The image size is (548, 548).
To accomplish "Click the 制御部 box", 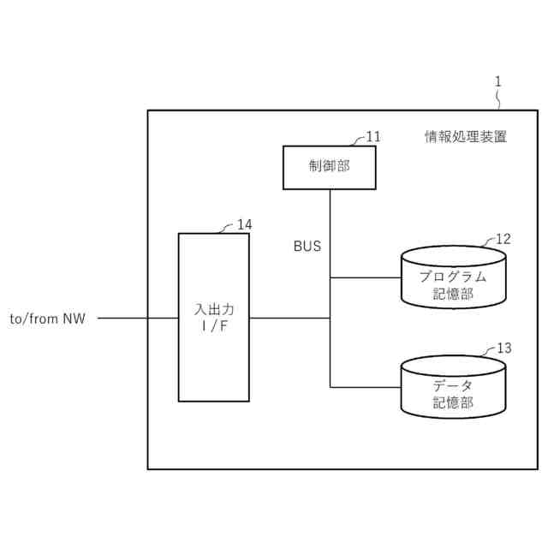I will click(x=317, y=167).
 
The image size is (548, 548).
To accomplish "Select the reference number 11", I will click(x=373, y=136).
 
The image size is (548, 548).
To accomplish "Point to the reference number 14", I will click(x=245, y=224).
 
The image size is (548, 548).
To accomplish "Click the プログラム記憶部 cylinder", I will click(x=453, y=277).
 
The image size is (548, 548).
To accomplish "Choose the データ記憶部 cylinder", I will click(x=453, y=388).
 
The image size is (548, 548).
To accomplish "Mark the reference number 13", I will click(x=504, y=348).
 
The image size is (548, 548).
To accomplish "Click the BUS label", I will click(x=307, y=247).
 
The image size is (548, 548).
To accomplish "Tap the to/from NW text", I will click(x=47, y=319).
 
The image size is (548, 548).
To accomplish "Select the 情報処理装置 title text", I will click(x=466, y=136).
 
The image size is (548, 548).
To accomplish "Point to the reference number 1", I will click(x=499, y=82).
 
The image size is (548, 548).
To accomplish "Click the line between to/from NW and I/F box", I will click(x=137, y=319).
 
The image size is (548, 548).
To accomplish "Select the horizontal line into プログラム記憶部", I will click(x=366, y=277).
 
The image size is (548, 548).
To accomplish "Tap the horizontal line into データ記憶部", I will click(x=366, y=387).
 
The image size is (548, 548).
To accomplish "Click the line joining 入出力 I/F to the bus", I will click(x=289, y=319).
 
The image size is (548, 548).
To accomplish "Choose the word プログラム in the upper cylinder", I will click(x=453, y=277).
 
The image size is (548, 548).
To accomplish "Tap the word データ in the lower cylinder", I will click(x=453, y=385).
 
